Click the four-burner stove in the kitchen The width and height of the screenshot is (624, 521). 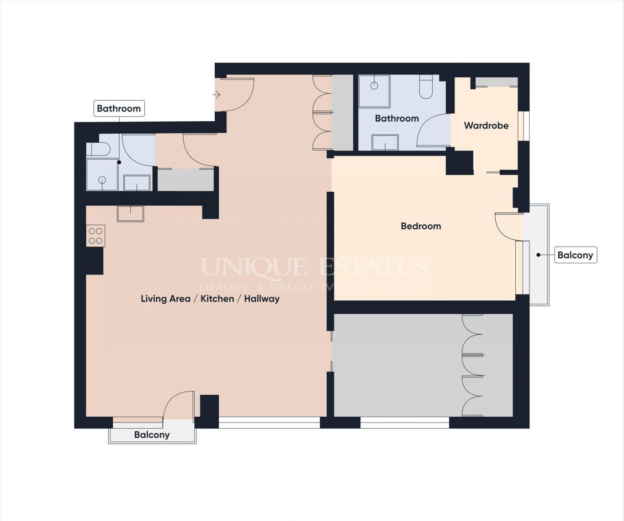95,236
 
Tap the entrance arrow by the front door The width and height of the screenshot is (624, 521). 217,95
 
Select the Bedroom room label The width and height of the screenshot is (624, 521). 421,226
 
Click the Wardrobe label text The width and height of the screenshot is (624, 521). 486,125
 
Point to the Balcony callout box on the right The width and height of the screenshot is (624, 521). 576,255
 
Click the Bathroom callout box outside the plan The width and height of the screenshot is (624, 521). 119,108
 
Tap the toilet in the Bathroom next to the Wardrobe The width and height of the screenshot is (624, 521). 426,87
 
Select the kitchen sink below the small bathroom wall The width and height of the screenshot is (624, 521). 131,214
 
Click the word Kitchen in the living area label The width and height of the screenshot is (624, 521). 217,299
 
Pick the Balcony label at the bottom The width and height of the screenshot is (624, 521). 152,435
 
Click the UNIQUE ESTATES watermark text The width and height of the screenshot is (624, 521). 314,267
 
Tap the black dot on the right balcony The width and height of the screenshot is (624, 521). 538,255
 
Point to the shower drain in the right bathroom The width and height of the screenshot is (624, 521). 374,86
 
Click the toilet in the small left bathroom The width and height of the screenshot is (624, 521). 98,149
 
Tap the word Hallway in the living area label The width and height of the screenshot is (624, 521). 262,299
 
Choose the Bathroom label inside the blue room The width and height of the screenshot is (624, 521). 397,118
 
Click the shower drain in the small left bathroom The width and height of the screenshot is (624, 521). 102,180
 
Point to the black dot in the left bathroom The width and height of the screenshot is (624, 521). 119,162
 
